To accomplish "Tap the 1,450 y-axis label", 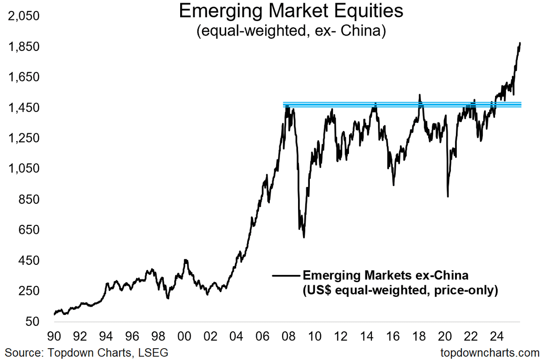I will [25, 108].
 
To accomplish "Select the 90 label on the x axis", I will [54, 337].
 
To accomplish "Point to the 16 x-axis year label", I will [394, 337].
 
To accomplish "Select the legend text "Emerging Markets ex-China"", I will [385, 276].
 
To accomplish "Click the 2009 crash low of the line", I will [303, 237].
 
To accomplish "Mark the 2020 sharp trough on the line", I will [448, 196].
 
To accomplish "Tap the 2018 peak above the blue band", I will [420, 95].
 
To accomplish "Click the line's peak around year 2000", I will [185, 260].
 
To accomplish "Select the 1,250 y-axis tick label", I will [25, 139].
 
